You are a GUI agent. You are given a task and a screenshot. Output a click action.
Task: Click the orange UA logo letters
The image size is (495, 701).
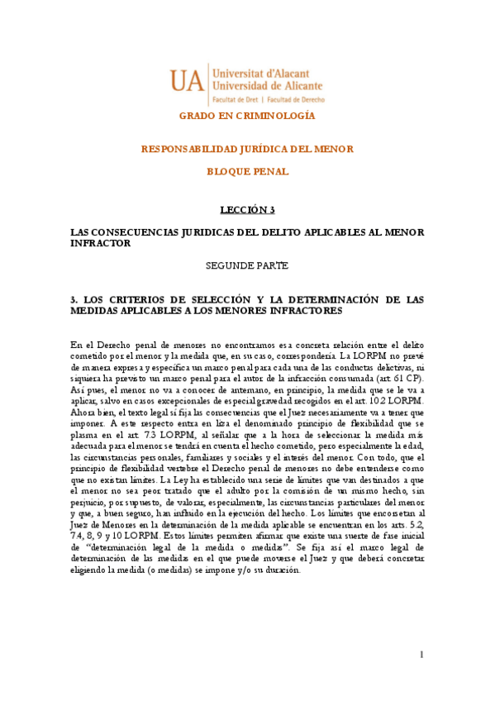point(189,79)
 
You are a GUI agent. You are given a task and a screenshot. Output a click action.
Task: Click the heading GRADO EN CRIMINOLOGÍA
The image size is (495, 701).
point(247,116)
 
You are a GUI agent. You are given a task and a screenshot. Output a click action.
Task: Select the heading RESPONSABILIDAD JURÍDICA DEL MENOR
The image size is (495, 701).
point(247,149)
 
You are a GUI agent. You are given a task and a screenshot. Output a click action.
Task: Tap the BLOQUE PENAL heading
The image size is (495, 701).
point(247,171)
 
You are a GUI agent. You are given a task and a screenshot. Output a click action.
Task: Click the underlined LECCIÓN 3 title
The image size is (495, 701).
point(247,210)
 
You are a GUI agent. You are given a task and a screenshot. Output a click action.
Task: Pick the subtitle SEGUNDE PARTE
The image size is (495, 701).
point(247,265)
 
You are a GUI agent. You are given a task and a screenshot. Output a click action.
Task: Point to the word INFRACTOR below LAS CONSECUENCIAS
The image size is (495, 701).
point(101,244)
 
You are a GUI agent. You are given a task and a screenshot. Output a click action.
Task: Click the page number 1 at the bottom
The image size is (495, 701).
point(421,655)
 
